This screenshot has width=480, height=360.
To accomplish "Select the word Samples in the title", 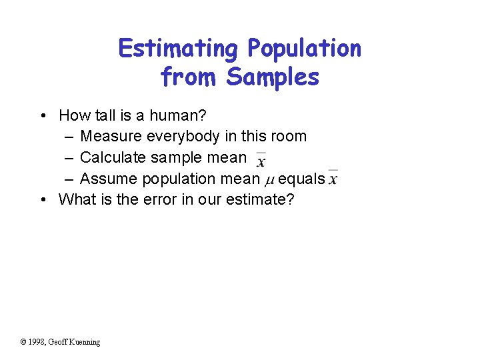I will [x=273, y=77].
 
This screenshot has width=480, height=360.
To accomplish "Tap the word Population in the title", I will [x=304, y=49].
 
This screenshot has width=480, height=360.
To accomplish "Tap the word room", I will [x=287, y=137].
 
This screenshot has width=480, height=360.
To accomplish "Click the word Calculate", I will [x=113, y=158].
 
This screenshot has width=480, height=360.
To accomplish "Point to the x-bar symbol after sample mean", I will [x=261, y=160].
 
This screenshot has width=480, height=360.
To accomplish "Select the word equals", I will [x=301, y=179].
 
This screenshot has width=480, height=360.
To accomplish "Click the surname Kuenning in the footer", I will [x=85, y=342].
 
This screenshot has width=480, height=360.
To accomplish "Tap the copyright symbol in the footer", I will [x=23, y=342].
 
